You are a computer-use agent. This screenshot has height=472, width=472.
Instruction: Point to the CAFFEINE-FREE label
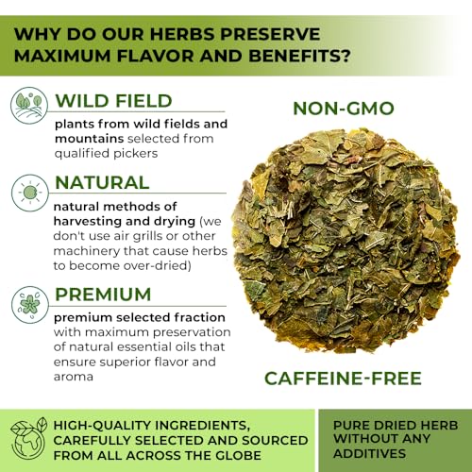[x=344, y=379]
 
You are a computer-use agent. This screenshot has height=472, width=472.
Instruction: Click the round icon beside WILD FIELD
[x=28, y=105]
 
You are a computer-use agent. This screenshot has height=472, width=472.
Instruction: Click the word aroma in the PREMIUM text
[x=75, y=378]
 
